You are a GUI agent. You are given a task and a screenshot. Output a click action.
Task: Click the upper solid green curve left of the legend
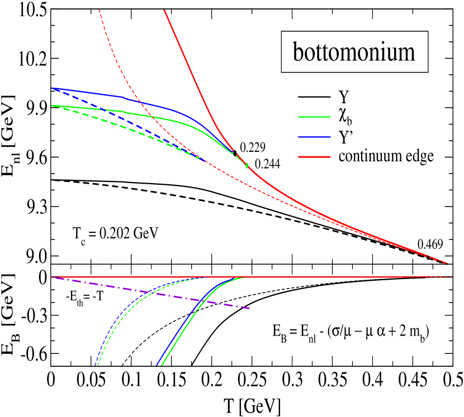(89, 108)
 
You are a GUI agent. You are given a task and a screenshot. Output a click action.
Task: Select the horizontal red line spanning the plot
(335, 277)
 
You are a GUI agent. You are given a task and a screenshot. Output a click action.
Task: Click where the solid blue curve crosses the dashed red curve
(140, 103)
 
